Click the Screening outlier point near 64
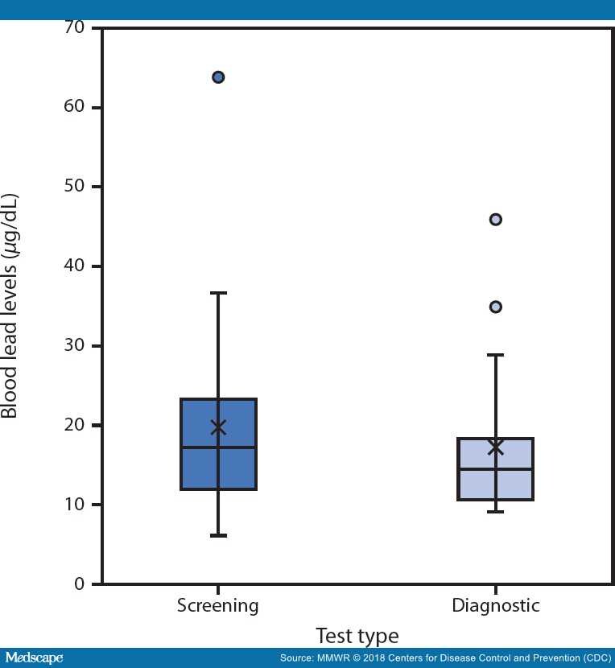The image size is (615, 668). [218, 77]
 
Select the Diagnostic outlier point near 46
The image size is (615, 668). [496, 220]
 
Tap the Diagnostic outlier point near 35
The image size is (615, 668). [496, 307]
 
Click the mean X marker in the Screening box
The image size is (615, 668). [218, 427]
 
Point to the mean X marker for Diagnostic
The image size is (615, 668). [496, 447]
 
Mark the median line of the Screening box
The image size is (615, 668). [218, 447]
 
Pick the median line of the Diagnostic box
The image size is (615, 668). [496, 469]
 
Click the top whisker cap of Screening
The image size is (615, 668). [218, 293]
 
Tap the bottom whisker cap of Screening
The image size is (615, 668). [218, 535]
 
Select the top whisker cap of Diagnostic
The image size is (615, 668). [496, 355]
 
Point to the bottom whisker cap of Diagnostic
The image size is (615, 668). [496, 512]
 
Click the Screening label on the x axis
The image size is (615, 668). [218, 606]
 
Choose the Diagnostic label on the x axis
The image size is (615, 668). [496, 606]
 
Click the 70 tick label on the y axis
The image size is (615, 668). [75, 29]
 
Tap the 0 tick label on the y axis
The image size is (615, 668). [80, 584]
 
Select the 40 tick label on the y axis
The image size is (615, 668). [75, 266]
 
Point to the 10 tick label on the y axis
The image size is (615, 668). [75, 505]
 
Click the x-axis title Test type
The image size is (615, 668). [357, 636]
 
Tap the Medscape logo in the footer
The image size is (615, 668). [33, 658]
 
